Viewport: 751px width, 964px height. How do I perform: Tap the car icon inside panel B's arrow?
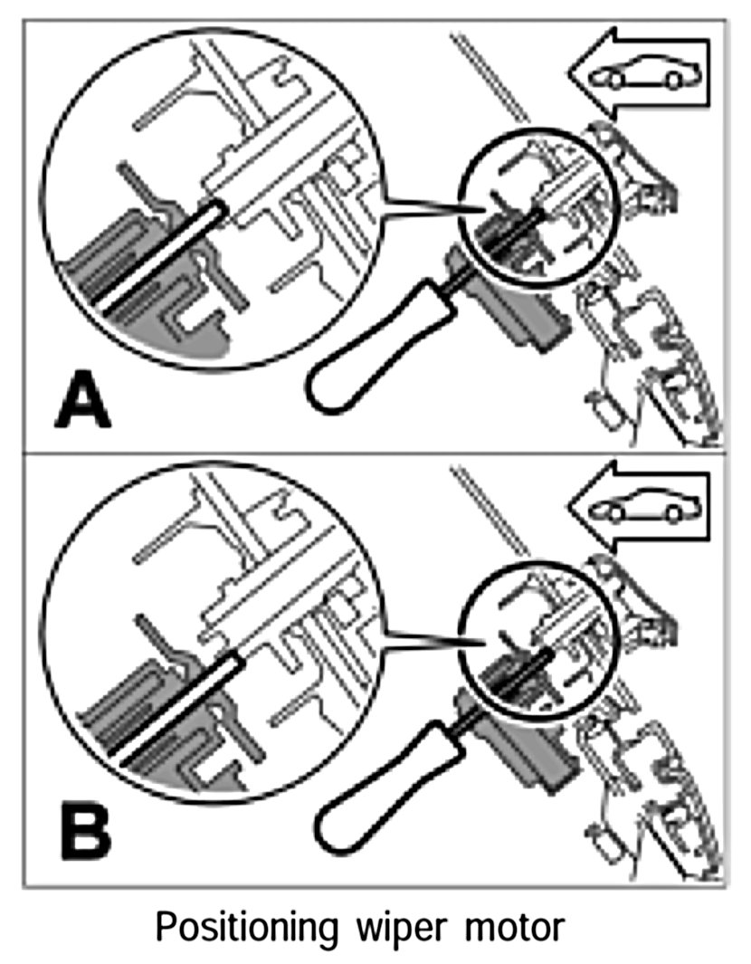tap(638, 510)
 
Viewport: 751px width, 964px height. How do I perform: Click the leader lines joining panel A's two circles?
tap(425, 206)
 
